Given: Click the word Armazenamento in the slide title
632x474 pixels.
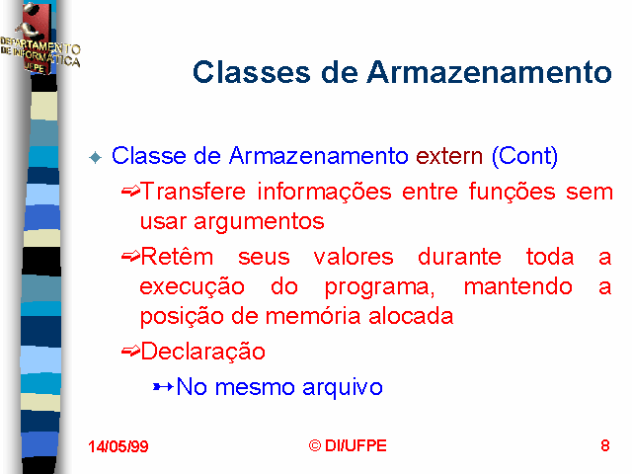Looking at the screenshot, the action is [x=489, y=72].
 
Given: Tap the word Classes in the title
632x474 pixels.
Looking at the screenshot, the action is [x=252, y=72].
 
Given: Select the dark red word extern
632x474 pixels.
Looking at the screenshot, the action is [x=449, y=156].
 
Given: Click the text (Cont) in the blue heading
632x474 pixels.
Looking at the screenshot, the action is [x=524, y=156].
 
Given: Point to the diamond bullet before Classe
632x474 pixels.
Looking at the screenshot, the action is [x=96, y=157].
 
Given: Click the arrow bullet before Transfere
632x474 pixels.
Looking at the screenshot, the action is [x=130, y=191].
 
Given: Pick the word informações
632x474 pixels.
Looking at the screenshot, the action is [x=325, y=192].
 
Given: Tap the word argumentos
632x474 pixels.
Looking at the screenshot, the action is [x=259, y=222].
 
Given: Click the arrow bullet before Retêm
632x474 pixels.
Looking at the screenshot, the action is [x=130, y=256].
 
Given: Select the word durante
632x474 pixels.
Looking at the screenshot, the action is [x=459, y=257].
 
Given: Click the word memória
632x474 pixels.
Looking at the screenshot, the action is [x=313, y=316].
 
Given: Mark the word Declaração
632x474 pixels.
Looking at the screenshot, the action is [x=203, y=352].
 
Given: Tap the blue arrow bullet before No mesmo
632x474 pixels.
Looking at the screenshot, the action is [x=163, y=387].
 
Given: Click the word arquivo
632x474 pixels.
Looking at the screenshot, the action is [x=343, y=388].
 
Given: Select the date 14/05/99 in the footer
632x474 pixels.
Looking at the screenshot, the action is [x=118, y=446].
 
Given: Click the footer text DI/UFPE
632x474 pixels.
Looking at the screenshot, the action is [x=355, y=445].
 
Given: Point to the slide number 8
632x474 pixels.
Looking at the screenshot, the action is [x=605, y=445].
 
